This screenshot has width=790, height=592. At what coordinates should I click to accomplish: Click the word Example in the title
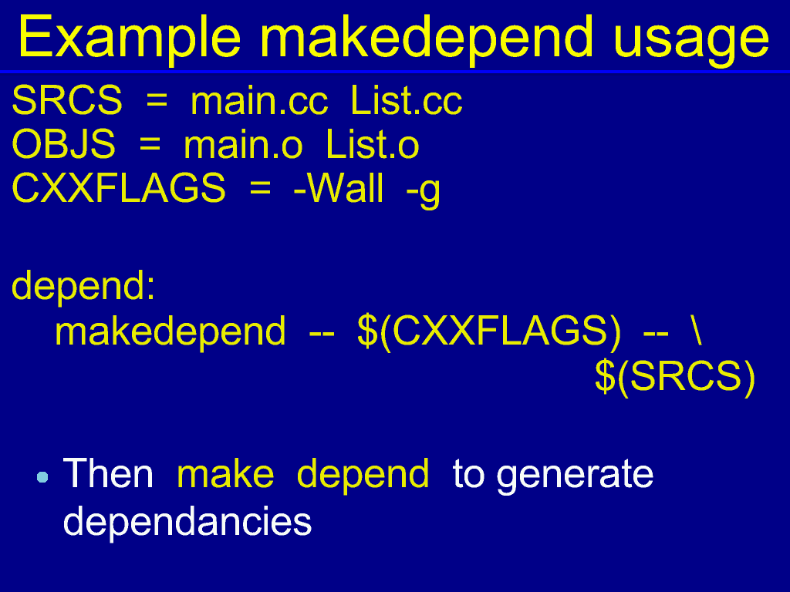(x=130, y=39)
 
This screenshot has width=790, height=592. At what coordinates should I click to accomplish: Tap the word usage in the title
(x=690, y=40)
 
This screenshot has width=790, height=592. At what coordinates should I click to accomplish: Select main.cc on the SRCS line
(x=259, y=101)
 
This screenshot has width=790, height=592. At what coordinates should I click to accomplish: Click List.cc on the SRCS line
(x=406, y=101)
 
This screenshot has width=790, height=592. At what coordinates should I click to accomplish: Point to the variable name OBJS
(x=63, y=144)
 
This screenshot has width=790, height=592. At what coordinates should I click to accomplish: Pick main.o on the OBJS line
(x=243, y=144)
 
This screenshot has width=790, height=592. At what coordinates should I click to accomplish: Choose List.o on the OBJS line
(x=373, y=144)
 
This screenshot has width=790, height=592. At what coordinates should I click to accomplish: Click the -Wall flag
(x=338, y=188)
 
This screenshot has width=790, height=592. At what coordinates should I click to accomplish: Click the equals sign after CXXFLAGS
(x=260, y=190)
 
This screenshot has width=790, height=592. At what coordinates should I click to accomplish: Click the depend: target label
(x=83, y=285)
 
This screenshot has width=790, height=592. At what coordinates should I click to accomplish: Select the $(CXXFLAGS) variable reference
(x=488, y=331)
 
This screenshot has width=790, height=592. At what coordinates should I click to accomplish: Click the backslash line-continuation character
(x=697, y=330)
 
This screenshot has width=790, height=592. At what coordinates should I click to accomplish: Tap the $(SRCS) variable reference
(x=675, y=376)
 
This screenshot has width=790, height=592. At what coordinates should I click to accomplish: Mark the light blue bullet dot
(x=43, y=476)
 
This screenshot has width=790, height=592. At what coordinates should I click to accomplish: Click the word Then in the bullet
(x=108, y=473)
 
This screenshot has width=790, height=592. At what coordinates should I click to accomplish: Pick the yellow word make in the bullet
(x=226, y=473)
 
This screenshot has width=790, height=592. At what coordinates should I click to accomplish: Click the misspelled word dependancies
(x=187, y=523)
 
